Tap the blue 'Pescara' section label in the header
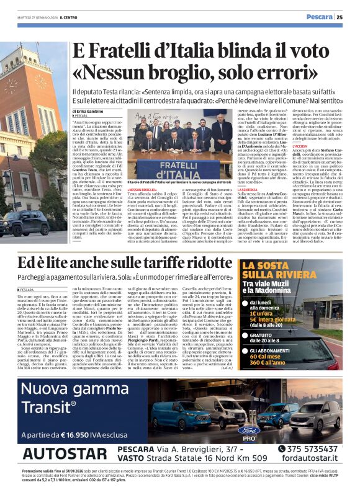321,17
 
